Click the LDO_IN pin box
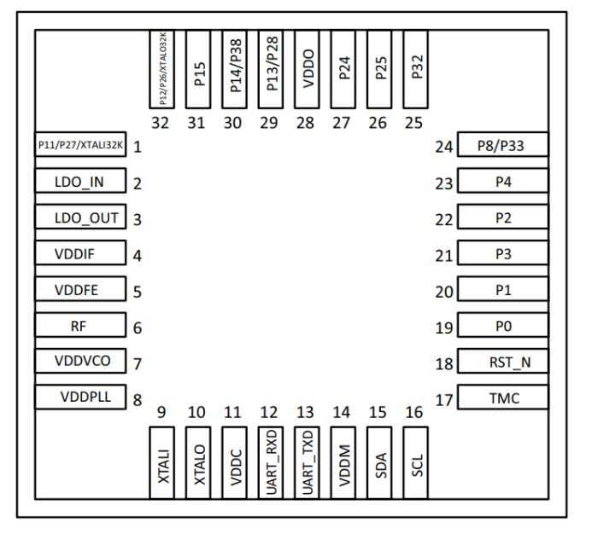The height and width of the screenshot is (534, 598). pos(80,182)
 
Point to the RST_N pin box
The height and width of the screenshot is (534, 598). pos(502,362)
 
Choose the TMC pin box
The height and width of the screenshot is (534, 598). pos(502,398)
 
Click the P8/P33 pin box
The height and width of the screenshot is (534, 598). pos(502,146)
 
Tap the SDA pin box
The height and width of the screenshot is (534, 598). pos(378,461)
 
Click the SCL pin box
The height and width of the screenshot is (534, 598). pos(414,461)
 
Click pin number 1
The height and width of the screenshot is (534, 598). pos(138,147)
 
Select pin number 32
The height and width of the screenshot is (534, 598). pos(161,123)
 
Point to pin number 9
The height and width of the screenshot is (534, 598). pos(161,413)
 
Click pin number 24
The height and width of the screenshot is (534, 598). pos(443,147)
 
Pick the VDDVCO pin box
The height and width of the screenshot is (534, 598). pos(80,361)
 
